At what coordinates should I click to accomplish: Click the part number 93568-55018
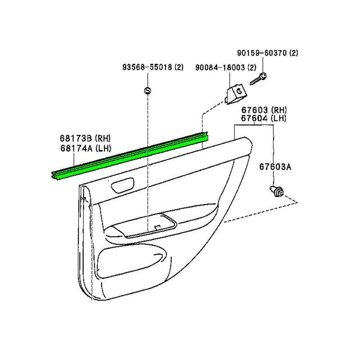(148, 67)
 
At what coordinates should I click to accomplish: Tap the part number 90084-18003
(221, 67)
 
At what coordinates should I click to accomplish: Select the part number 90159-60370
(262, 53)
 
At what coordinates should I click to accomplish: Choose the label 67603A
(275, 167)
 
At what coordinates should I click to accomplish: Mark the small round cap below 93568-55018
(147, 90)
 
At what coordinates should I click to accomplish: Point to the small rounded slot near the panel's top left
(122, 185)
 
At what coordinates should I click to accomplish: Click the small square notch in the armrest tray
(157, 228)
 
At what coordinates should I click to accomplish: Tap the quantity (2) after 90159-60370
(293, 53)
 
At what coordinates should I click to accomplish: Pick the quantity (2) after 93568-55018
(179, 67)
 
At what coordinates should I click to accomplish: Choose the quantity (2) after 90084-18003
(252, 67)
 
